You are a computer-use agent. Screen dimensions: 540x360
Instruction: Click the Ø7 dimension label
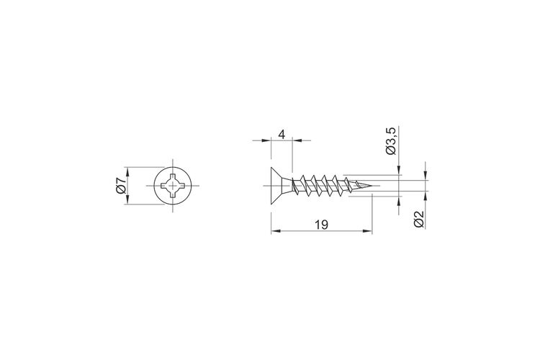121,186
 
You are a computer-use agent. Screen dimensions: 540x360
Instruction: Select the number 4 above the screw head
282,135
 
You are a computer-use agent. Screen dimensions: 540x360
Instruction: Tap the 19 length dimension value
321,225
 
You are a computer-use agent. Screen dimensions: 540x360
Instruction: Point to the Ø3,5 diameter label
392,140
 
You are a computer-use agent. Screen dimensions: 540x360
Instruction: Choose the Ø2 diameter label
419,219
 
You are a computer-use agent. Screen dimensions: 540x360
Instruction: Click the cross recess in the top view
173,186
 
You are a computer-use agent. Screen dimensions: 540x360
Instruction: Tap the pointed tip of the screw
372,186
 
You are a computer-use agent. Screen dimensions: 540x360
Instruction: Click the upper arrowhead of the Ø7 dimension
127,171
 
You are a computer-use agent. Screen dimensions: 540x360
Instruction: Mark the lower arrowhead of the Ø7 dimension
127,200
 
